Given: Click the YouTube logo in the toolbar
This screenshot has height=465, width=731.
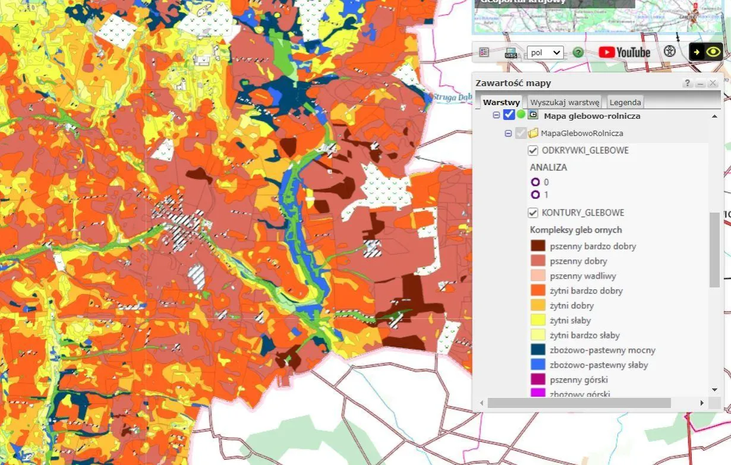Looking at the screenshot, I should (624, 52).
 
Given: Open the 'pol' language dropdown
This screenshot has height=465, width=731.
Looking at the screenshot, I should (544, 52).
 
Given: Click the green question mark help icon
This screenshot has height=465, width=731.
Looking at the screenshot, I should (578, 52).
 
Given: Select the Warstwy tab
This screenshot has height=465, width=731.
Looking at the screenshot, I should (502, 102).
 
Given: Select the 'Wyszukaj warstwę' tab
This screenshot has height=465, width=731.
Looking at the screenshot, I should (565, 102).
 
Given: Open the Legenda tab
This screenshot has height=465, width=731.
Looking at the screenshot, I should (625, 102).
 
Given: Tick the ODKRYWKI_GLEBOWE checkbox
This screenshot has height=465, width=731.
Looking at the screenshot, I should (533, 151).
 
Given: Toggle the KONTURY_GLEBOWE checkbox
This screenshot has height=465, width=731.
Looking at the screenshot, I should (533, 213).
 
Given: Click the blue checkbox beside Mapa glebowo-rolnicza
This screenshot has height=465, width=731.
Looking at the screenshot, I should (509, 115).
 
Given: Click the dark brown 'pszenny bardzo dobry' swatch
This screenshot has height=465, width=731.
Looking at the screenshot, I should (538, 246).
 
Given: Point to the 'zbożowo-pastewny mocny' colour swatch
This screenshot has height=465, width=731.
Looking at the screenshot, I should (538, 350).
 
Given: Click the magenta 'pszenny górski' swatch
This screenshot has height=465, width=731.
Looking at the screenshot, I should (538, 379).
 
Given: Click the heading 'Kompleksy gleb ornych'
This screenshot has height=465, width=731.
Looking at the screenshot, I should (576, 230).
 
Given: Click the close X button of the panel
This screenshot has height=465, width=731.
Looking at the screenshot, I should (713, 83).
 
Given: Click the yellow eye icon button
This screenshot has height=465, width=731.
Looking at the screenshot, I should (713, 52).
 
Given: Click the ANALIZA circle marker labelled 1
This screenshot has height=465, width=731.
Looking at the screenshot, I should (535, 195).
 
